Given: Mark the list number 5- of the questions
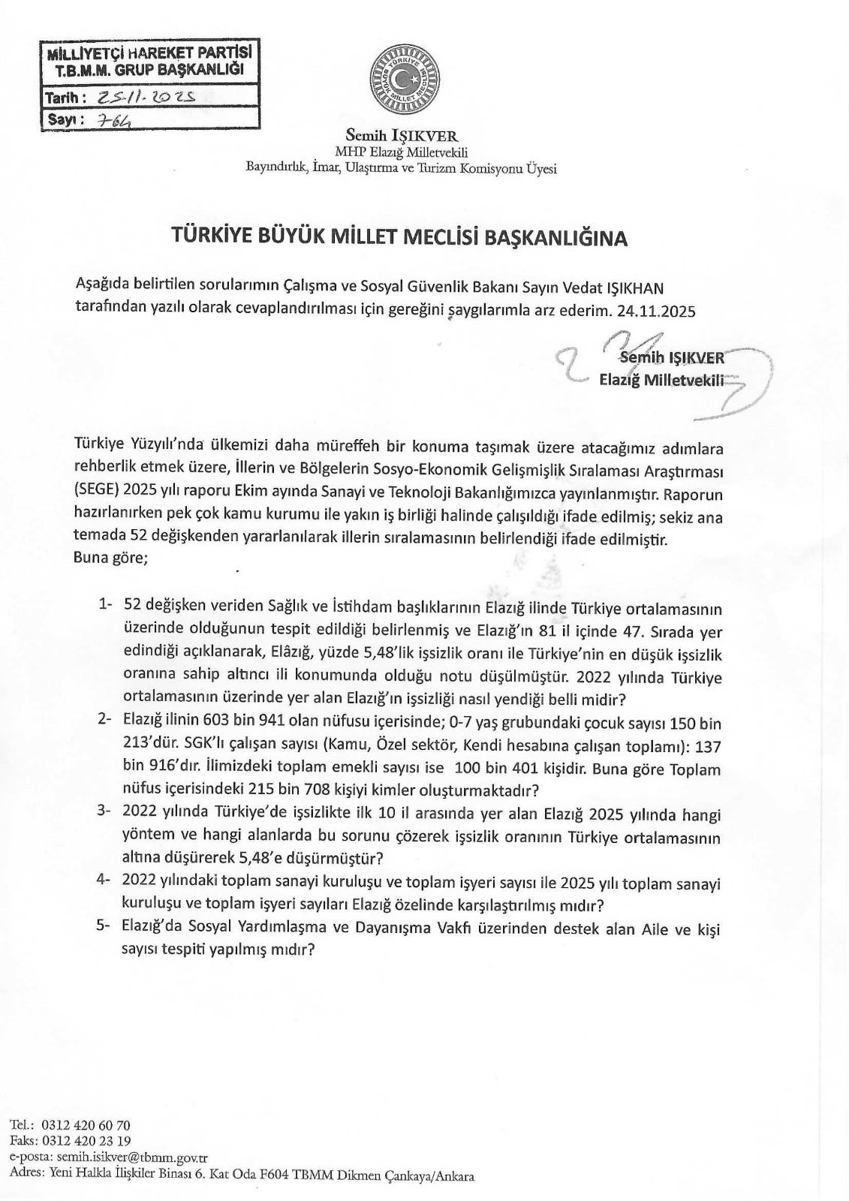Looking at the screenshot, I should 105,929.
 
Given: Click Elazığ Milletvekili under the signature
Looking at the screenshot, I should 661,380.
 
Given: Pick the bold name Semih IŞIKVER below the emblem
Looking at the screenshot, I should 402,136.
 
